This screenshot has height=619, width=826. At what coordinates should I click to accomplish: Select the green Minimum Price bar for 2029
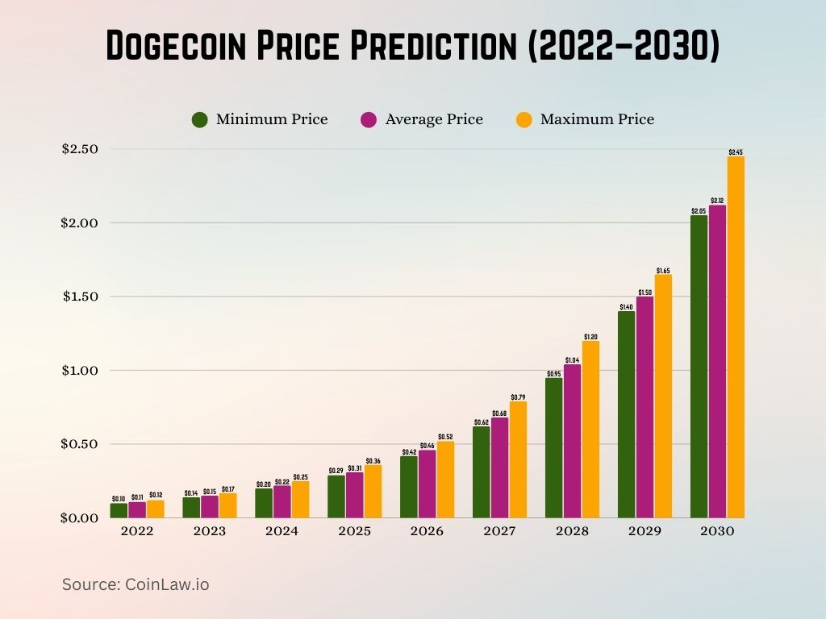[626, 414]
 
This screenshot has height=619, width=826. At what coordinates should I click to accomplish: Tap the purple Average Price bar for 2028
[572, 441]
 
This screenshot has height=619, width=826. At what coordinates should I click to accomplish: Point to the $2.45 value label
[736, 152]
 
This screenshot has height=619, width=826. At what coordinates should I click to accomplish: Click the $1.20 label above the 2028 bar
[590, 336]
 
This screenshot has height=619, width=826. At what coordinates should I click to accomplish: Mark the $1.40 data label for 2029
[626, 307]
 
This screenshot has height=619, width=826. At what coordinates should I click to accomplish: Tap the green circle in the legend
[200, 120]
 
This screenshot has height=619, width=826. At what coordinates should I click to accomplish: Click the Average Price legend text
[434, 119]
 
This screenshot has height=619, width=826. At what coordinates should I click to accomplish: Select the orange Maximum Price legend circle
[524, 120]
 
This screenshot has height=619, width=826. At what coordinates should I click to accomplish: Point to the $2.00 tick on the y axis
[79, 222]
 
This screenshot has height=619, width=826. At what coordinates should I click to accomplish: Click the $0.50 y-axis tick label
[79, 444]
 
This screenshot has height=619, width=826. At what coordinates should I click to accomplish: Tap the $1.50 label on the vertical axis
[79, 297]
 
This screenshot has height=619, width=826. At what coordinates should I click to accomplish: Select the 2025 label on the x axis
[354, 531]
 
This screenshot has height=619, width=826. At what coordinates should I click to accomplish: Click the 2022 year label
[136, 531]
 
